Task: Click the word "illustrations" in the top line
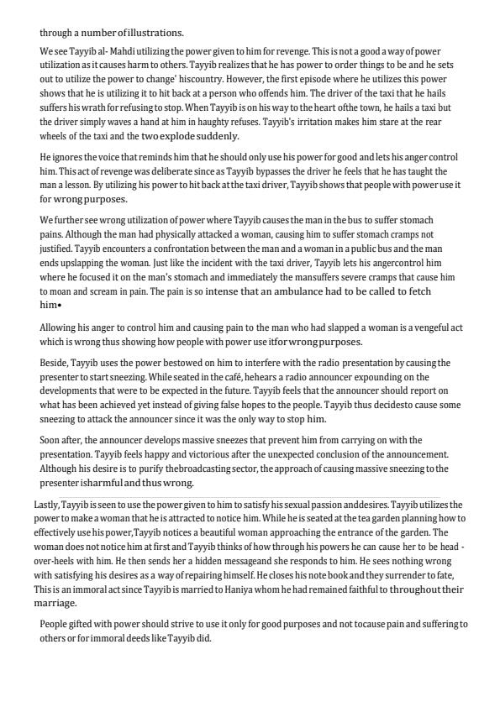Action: click(154, 33)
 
